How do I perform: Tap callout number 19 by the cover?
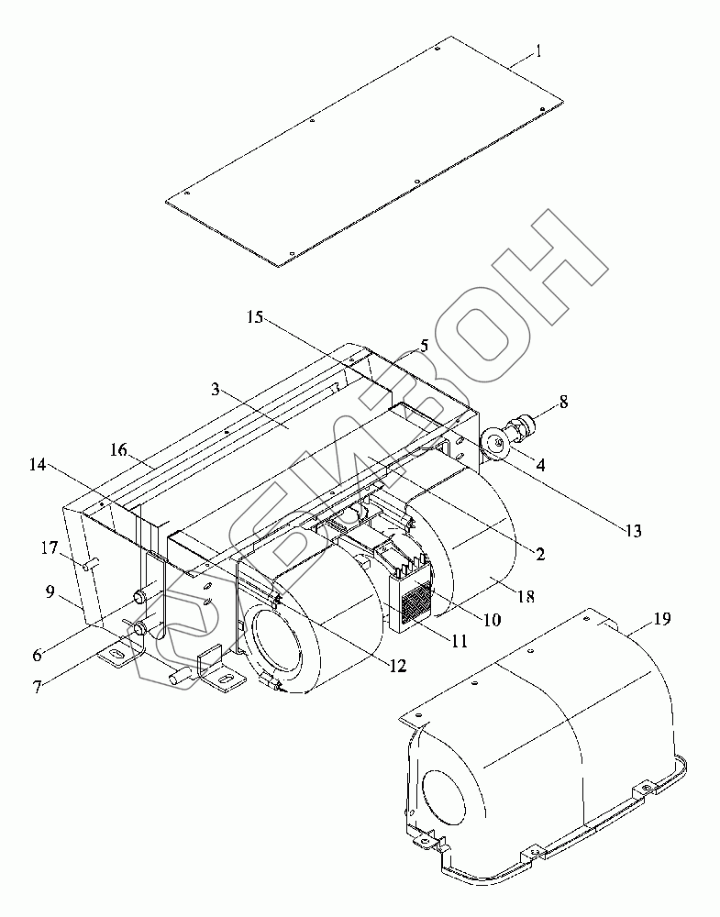point(660,619)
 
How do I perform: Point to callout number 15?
point(255,317)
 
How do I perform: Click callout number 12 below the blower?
point(397,667)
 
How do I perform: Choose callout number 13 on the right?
point(632,530)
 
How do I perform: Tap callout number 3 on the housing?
point(215,390)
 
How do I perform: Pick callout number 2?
point(540,553)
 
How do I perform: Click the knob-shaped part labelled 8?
point(529,426)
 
